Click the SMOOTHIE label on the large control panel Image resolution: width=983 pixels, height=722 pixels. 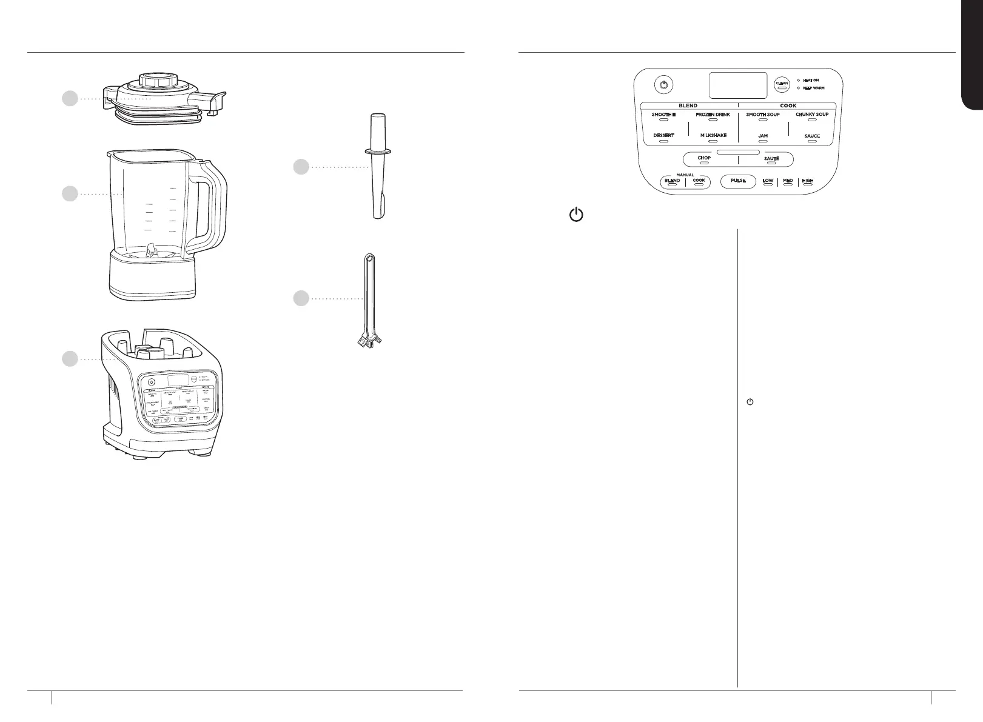(x=663, y=115)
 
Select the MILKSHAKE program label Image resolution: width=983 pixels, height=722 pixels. (x=713, y=135)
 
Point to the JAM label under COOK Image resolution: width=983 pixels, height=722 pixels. (x=763, y=136)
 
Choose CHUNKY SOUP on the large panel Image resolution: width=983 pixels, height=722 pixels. (x=812, y=115)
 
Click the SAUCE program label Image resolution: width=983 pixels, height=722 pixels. (x=812, y=136)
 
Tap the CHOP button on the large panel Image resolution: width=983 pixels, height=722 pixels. (x=704, y=158)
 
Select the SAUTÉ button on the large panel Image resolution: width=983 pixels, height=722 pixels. (x=771, y=159)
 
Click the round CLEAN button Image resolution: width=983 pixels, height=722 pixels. (x=782, y=84)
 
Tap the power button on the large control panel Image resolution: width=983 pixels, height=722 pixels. (x=664, y=85)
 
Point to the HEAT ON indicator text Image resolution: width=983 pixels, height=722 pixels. (x=811, y=80)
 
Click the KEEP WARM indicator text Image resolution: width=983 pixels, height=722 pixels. (x=813, y=88)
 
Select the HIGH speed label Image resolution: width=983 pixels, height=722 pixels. (x=807, y=181)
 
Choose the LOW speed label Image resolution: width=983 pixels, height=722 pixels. (x=768, y=181)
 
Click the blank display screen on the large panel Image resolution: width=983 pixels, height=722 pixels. (x=738, y=85)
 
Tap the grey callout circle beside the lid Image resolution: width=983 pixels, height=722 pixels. (x=70, y=98)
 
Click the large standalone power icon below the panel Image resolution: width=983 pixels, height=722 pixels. (x=577, y=215)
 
